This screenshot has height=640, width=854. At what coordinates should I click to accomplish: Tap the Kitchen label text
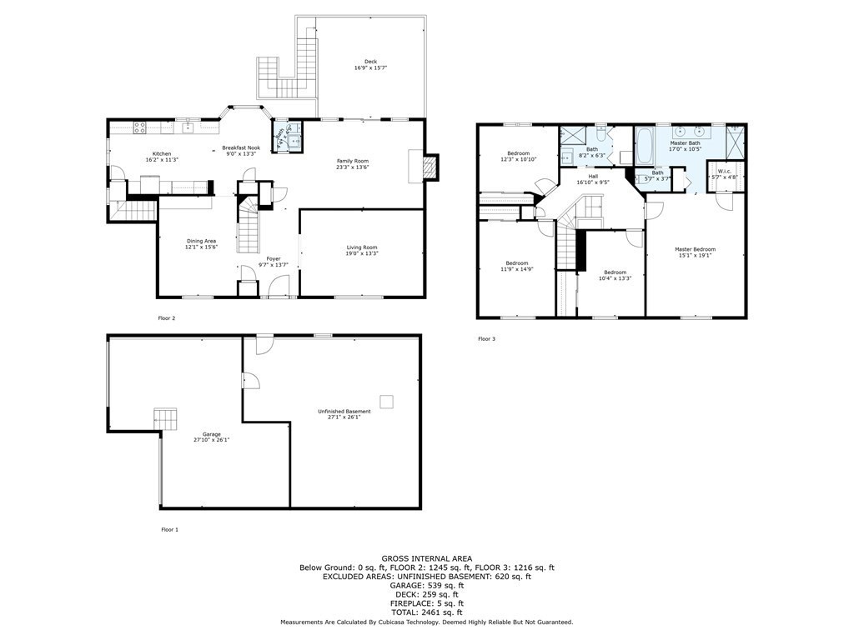pos(162,153)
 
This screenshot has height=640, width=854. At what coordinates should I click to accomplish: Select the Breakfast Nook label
pos(241,147)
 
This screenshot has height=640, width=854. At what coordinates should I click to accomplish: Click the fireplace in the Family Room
pos(429,167)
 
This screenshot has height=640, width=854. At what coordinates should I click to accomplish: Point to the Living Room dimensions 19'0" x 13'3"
pos(363,253)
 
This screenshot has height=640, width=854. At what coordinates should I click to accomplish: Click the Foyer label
pos(273,259)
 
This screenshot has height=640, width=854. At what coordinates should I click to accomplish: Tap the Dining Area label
pos(201,241)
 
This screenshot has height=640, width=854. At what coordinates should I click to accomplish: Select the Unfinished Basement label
pos(344,411)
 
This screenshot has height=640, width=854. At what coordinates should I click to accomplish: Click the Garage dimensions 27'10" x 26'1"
pos(211,439)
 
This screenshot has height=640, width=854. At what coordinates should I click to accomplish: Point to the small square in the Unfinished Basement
pos(386,402)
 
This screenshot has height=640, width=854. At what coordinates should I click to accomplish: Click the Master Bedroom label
pos(695,249)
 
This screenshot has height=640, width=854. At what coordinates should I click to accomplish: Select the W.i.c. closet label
pos(723,172)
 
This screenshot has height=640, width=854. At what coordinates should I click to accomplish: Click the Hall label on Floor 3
pos(593,176)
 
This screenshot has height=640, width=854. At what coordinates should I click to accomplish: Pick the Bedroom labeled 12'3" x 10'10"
pos(519,153)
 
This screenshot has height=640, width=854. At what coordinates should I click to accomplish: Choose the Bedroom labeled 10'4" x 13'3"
pos(615,272)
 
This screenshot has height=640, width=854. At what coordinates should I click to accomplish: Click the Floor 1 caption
pos(169,529)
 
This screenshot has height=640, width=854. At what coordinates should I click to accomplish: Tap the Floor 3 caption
pos(486,339)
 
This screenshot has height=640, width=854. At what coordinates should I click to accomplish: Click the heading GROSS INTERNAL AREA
pos(426,558)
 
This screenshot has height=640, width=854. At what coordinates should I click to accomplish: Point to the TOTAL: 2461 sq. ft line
pos(426,612)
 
